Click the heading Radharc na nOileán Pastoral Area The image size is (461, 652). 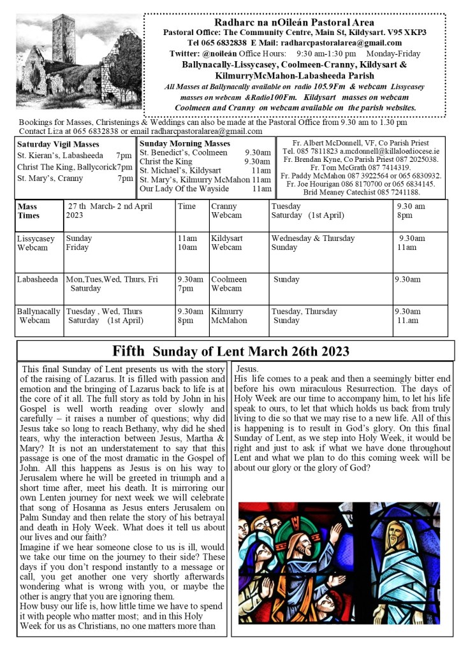pyautogui.click(x=294, y=22)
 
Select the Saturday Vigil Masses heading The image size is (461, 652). pyautogui.click(x=58, y=144)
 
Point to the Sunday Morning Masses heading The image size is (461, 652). pyautogui.click(x=185, y=143)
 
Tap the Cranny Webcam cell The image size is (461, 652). pyautogui.click(x=226, y=211)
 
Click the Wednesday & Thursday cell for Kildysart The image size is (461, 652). pyautogui.click(x=312, y=238)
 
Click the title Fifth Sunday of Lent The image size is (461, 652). pyautogui.click(x=231, y=351)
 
